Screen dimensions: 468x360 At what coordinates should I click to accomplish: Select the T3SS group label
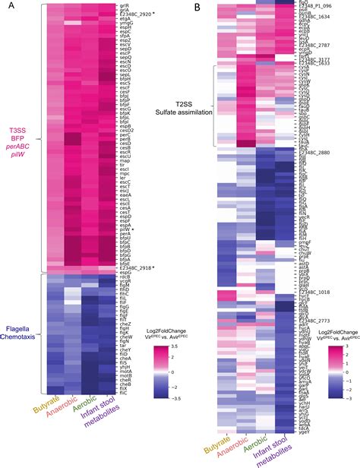tap(18, 131)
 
